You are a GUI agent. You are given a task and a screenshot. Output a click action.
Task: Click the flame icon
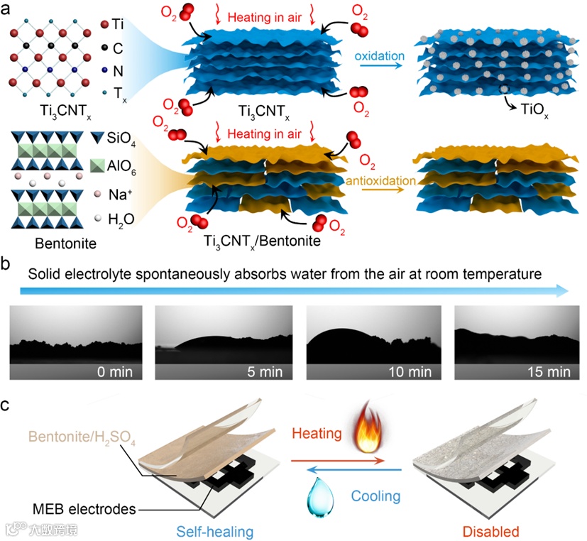pos(367,426)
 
